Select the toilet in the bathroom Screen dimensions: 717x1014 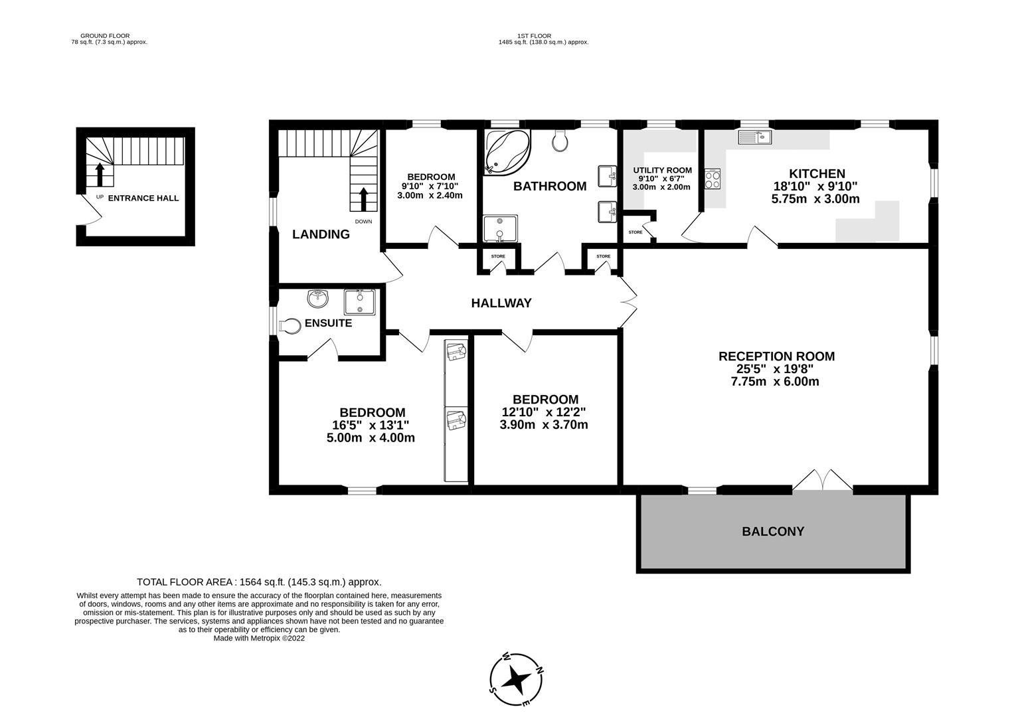pyautogui.click(x=560, y=140)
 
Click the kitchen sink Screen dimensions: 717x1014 pyautogui.click(x=754, y=137)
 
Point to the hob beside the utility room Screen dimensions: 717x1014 pyautogui.click(x=713, y=179)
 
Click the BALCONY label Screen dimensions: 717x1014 pyautogui.click(x=772, y=531)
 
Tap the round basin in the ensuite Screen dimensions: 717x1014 pyautogui.click(x=318, y=299)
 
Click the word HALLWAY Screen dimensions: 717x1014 pyautogui.click(x=501, y=303)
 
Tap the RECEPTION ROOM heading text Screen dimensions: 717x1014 pyautogui.click(x=776, y=357)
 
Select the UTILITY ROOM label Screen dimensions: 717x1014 pyautogui.click(x=662, y=170)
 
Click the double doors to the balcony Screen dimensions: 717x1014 pyautogui.click(x=822, y=481)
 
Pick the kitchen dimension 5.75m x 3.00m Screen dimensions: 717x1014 pyautogui.click(x=815, y=199)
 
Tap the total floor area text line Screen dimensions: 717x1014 pyautogui.click(x=259, y=582)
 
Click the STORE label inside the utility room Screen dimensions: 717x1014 pyautogui.click(x=635, y=232)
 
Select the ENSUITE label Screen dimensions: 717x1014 pyautogui.click(x=328, y=323)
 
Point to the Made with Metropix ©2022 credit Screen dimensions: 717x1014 pyautogui.click(x=259, y=638)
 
